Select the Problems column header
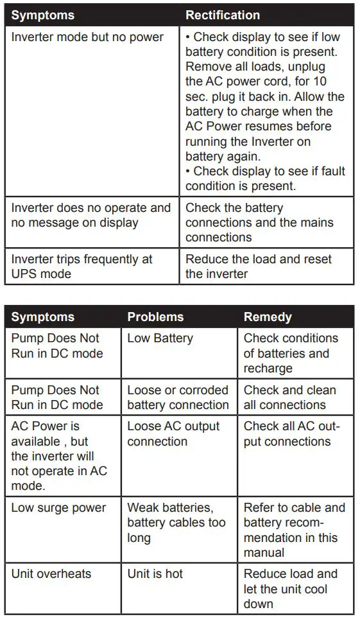155,317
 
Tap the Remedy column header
268,317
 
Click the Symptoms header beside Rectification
43,15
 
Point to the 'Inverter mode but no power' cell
88,37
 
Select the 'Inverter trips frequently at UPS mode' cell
82,266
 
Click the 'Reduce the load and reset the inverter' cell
259,266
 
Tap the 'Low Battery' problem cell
160,338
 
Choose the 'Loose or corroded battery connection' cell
178,397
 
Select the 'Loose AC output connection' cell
173,434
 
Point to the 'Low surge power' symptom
59,507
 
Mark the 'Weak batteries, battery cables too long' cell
176,523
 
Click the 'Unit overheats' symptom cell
51,573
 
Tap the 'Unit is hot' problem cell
155,573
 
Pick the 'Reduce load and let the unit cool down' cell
290,589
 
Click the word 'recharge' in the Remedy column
268,369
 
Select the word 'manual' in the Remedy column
264,553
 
